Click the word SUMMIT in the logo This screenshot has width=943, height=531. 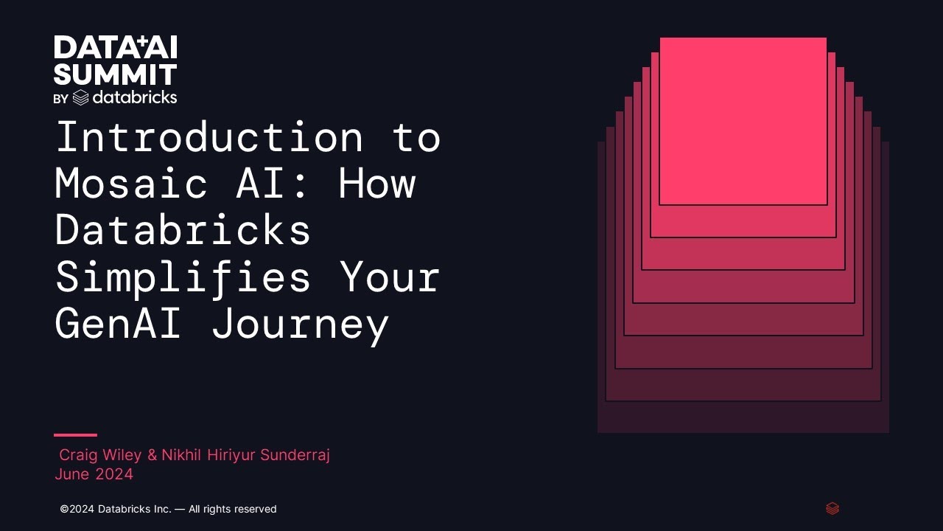coord(115,74)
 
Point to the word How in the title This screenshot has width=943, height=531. coord(376,184)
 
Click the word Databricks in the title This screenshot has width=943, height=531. coord(183,230)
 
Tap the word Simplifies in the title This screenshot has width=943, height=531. coord(183,277)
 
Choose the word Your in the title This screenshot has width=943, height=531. coord(390,277)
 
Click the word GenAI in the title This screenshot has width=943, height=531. coord(118,324)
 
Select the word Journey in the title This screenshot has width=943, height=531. coord(300,325)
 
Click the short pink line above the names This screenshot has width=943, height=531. coord(75,435)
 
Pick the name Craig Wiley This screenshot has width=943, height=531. coord(100,455)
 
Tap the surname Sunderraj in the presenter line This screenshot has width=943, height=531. coord(295,455)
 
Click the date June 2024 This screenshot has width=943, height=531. coord(94,474)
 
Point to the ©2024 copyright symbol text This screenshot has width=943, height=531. coord(77,509)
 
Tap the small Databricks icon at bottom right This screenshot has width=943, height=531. coord(832,508)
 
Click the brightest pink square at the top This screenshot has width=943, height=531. coord(743,121)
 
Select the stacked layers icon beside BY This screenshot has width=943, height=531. coord(81,98)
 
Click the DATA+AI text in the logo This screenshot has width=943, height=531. coord(115,48)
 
